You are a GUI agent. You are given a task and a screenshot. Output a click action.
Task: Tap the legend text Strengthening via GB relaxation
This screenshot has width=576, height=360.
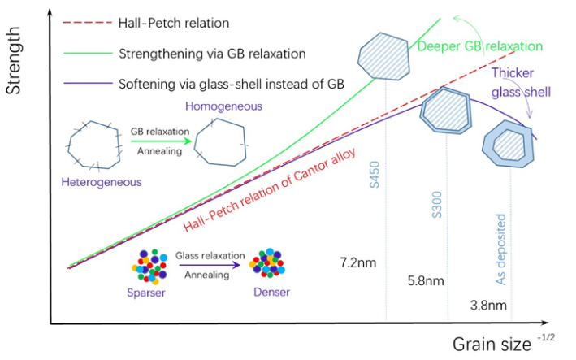coord(211,54)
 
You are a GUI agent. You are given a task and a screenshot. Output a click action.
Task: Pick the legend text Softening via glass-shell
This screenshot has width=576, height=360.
coord(231,84)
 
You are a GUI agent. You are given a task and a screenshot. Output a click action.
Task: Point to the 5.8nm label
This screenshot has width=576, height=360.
coord(425,281)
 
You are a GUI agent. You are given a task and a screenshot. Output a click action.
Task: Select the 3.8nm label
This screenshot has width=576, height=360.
coord(489,306)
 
